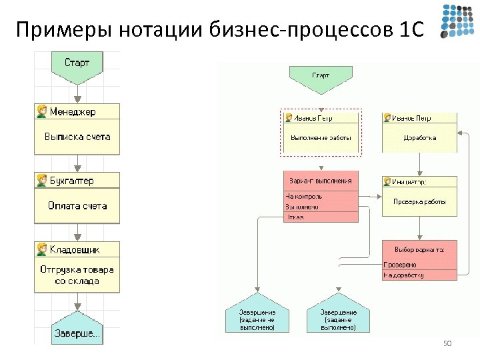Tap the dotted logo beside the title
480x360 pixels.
tap(457, 21)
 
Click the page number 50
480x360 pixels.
tap(447, 343)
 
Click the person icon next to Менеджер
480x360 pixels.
tap(41, 111)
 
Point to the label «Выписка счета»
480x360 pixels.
tap(77, 137)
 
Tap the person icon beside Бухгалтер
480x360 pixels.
tap(41, 180)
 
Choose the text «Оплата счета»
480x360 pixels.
tap(77, 206)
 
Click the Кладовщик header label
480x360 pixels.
tap(75, 249)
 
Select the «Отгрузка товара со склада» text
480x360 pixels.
tap(77, 275)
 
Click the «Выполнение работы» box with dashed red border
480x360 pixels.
tap(321, 138)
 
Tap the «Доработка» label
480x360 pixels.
tap(420, 138)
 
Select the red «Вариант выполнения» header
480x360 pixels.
tap(321, 181)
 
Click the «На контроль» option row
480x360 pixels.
tap(321, 197)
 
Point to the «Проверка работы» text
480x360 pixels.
tap(420, 201)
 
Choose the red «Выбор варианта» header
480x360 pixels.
tap(420, 249)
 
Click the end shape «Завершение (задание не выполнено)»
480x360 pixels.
tap(258, 318)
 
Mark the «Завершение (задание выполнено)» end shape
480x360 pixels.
tap(338, 318)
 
